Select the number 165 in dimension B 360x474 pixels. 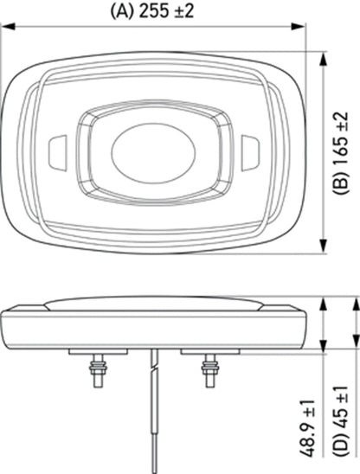click(x=341, y=151)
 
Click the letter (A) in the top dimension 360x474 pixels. click(x=122, y=11)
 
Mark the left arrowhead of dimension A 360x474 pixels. click(x=7, y=29)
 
